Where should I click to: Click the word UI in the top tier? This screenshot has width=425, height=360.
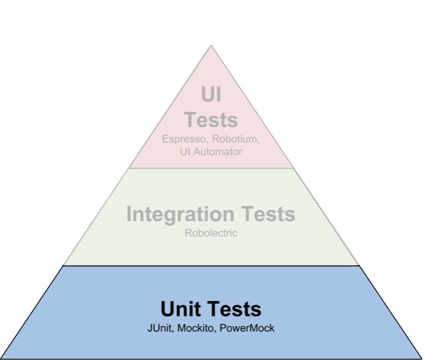(211, 94)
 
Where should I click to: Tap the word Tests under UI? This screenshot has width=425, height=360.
(211, 119)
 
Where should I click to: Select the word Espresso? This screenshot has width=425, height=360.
(182, 140)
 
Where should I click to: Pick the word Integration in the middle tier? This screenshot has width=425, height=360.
(178, 214)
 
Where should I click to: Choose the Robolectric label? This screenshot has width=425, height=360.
(211, 233)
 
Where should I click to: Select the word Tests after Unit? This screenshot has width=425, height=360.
(235, 309)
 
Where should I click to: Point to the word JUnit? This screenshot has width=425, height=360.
(161, 328)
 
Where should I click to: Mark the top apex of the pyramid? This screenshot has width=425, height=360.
(211, 45)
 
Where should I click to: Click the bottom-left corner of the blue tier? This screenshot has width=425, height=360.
(2, 358)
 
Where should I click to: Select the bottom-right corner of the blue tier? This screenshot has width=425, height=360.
(422, 358)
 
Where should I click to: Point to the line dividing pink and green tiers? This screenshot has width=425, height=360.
(211, 168)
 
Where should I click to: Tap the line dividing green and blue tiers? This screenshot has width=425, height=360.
(211, 266)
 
